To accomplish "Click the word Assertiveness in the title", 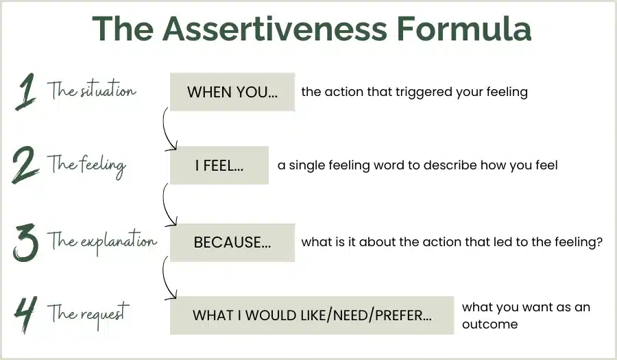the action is pyautogui.click(x=275, y=28).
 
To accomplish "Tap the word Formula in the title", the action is pyautogui.click(x=464, y=28).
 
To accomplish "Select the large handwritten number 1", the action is pyautogui.click(x=25, y=92).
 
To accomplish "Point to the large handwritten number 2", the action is pyautogui.click(x=25, y=165).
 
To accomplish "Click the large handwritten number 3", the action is pyautogui.click(x=26, y=242).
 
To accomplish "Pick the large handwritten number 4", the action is pyautogui.click(x=26, y=314).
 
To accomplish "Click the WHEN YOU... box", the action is pyautogui.click(x=232, y=92).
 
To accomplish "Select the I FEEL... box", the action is pyautogui.click(x=219, y=165).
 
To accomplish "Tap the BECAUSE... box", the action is pyautogui.click(x=232, y=242).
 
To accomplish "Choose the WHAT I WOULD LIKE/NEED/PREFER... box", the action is pyautogui.click(x=312, y=315).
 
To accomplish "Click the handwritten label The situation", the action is pyautogui.click(x=92, y=90).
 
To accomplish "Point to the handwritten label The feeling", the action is pyautogui.click(x=86, y=165).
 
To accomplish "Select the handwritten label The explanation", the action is pyautogui.click(x=102, y=241).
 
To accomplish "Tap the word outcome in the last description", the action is pyautogui.click(x=490, y=324).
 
